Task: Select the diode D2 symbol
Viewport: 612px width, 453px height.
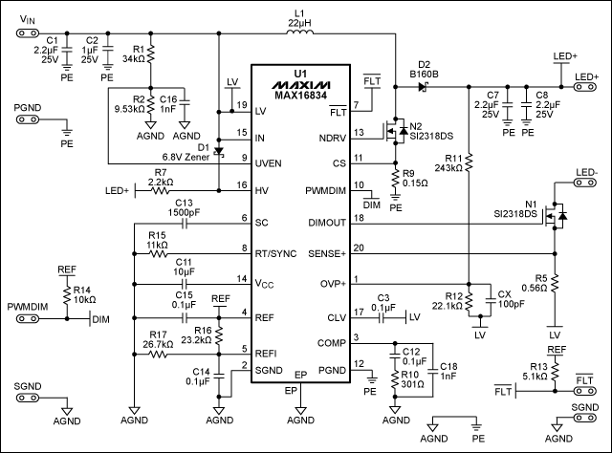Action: coord(423,87)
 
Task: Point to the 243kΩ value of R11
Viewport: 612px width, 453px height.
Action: coord(447,167)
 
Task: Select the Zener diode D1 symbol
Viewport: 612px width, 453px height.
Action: coord(219,151)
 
